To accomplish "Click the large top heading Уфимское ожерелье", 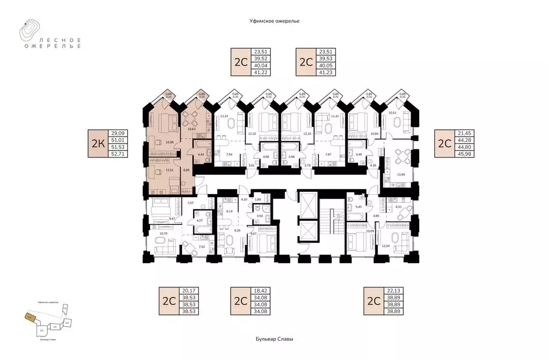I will coord(274,20).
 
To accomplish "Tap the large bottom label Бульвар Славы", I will coord(274,340).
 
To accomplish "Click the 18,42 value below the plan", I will coord(258,291).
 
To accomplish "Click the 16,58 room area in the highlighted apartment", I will coord(169,142).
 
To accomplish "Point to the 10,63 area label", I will coord(191,129).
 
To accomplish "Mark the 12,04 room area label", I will coord(385,246).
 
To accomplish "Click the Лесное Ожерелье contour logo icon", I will coord(29,31).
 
